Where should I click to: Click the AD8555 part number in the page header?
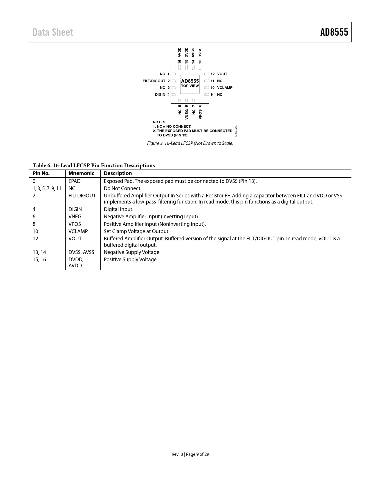pos(334,32)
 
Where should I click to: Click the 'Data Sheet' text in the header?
pos(53,32)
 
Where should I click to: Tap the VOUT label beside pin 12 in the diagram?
pos(222,74)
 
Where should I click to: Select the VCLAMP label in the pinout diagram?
pos(225,88)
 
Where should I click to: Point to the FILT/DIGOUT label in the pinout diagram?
pos(154,81)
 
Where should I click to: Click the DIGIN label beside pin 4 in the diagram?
pos(160,95)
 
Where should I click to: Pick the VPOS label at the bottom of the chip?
pos(201,114)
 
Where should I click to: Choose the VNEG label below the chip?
pos(187,114)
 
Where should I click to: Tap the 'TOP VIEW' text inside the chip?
pos(190,86)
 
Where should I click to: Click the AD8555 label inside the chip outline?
pos(190,81)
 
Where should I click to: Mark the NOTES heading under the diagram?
pos(159,122)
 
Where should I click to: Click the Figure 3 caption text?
pos(190,143)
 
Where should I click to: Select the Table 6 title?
pos(93,165)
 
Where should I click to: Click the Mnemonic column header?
pos(81,173)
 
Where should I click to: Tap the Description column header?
pos(118,173)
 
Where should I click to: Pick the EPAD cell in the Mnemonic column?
pos(74,181)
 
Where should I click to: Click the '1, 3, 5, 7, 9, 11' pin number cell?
pos(47,188)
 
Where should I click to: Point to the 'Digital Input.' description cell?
pos(118,209)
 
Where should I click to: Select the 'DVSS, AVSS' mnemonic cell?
pos(81,252)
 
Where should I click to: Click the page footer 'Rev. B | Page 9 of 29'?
pos(190,454)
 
